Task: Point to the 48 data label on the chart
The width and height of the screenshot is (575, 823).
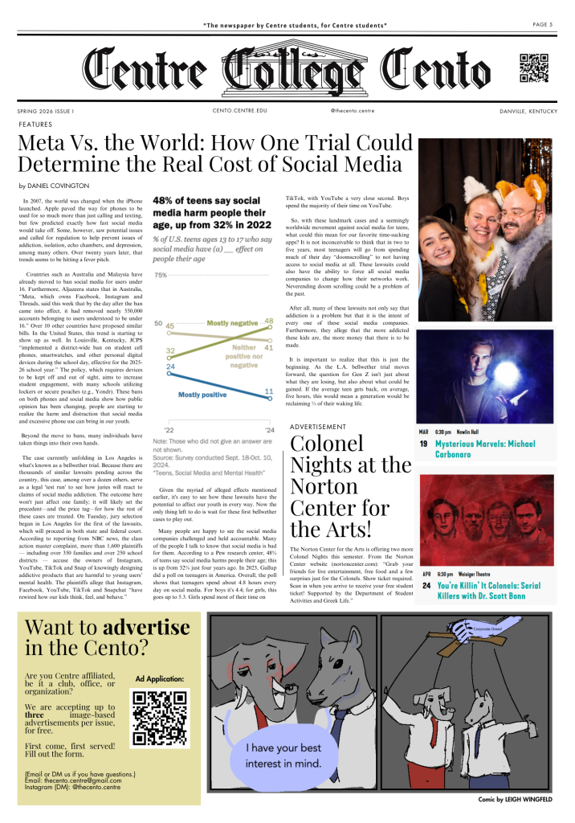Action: (x=268, y=321)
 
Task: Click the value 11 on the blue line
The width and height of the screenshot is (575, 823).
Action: (x=269, y=391)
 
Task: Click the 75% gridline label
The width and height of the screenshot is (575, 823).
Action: (x=160, y=276)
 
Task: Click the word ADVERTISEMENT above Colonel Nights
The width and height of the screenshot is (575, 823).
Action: (x=318, y=426)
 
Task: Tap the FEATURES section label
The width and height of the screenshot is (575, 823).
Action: (x=35, y=125)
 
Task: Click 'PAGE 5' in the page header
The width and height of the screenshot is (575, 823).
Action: (x=543, y=25)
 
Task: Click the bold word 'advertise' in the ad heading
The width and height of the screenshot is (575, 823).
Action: (x=151, y=649)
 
